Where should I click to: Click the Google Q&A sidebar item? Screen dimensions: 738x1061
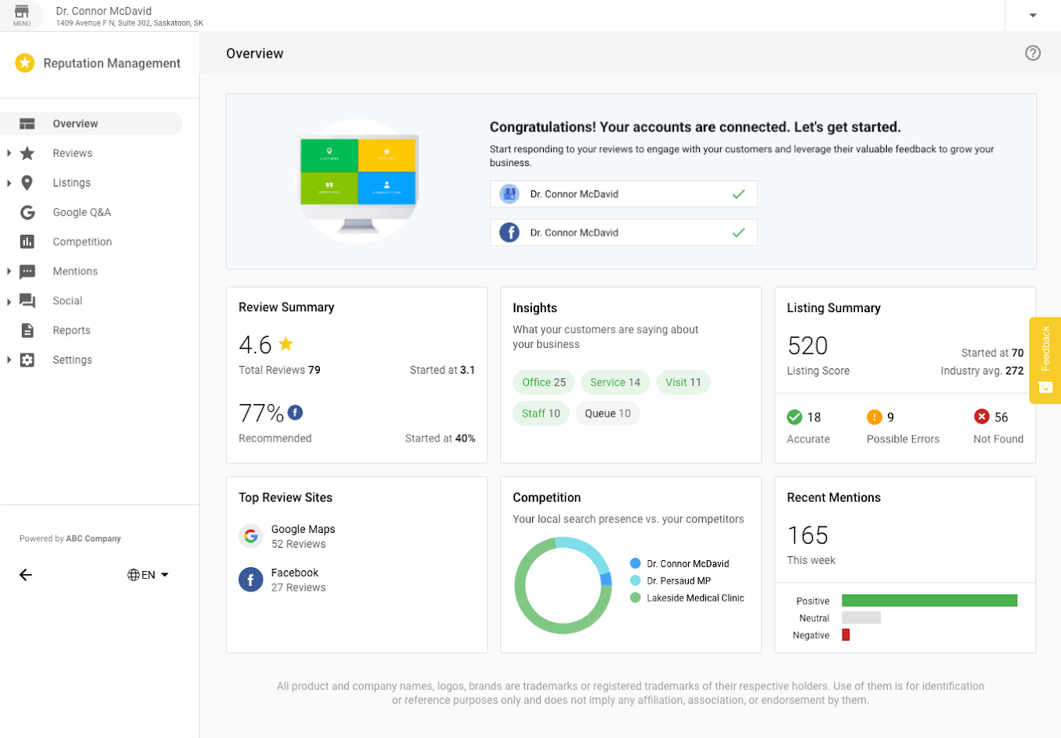click(x=81, y=212)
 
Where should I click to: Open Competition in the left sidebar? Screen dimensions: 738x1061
click(x=82, y=242)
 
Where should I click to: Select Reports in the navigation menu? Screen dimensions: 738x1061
click(x=71, y=330)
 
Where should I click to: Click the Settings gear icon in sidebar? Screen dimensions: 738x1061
click(x=27, y=360)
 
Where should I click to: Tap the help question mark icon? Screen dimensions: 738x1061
click(x=1033, y=53)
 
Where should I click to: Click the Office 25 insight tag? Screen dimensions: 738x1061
click(x=544, y=382)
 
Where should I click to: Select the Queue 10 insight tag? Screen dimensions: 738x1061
click(x=608, y=413)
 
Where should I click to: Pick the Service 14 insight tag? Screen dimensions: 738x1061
click(x=615, y=382)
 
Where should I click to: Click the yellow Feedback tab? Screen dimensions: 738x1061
click(x=1045, y=360)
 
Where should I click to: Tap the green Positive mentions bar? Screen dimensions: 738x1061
click(x=929, y=601)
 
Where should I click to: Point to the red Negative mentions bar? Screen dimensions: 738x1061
click(x=846, y=635)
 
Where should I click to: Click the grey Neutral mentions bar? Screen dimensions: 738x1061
click(x=861, y=618)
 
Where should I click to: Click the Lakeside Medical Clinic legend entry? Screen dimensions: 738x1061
click(x=695, y=598)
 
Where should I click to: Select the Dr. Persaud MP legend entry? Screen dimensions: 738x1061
click(x=678, y=581)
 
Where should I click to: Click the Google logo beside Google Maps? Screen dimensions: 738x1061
click(x=250, y=536)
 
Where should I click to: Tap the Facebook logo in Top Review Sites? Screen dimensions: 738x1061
click(x=250, y=580)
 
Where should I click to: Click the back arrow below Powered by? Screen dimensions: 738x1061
click(x=26, y=575)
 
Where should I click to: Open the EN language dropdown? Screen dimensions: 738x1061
click(x=148, y=575)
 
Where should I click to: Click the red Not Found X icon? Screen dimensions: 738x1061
click(x=981, y=417)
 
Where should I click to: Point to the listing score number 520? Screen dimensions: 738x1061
click(x=807, y=346)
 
